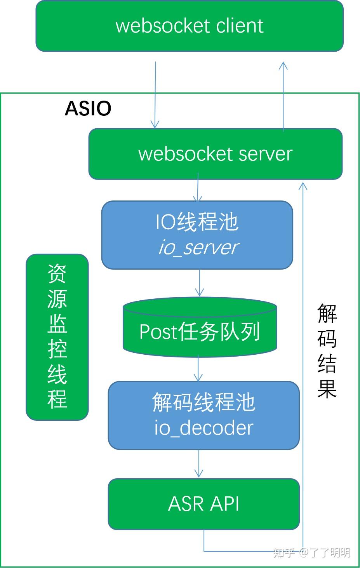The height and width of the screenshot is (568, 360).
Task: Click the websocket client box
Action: tap(190, 26)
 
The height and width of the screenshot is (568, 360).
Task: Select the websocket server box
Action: tap(216, 154)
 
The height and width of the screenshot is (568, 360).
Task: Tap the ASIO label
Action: tap(88, 108)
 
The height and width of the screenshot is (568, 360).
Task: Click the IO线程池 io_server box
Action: tap(197, 235)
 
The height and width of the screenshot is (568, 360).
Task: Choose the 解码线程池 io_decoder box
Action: tap(203, 415)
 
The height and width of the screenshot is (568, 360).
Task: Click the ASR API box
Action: tap(203, 504)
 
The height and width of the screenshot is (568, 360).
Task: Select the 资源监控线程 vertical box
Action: tap(57, 337)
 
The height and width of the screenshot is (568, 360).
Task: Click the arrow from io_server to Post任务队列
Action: tap(199, 284)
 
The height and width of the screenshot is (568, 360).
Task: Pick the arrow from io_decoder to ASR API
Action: tap(198, 464)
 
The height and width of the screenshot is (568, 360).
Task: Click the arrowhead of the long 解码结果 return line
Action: tap(303, 186)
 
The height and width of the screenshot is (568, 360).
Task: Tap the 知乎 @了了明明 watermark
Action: tap(312, 552)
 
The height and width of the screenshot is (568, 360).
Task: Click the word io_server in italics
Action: tap(198, 248)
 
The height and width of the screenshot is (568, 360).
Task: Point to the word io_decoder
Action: tap(204, 428)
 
